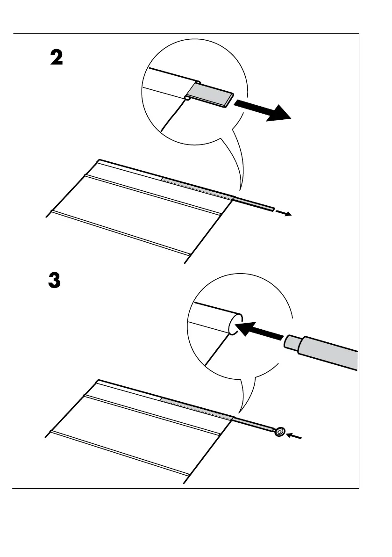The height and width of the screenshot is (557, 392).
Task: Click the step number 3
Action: [54, 281]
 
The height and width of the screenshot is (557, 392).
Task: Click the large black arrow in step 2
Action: [263, 109]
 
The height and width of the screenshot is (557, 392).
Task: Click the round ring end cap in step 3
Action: [279, 432]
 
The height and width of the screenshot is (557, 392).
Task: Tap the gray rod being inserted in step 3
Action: [329, 354]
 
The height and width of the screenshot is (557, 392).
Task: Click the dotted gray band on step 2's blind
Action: [196, 188]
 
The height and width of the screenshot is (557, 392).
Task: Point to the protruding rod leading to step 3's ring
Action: [252, 423]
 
